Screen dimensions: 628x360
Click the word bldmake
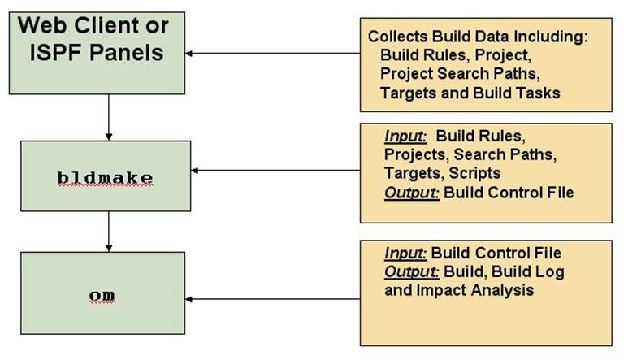pos(105,178)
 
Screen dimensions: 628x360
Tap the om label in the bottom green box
pos(102,295)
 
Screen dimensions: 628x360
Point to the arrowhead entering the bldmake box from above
pos(109,137)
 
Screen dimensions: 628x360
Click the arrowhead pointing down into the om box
pos(109,248)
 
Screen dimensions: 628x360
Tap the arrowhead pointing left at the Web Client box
pos(189,54)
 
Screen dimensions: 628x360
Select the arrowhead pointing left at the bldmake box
pos(195,171)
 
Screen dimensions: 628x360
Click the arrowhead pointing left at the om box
pos(189,299)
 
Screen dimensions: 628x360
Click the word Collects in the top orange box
pos(398,37)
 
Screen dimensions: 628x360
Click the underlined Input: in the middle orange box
pos(405,137)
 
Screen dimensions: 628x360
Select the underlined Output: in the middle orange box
pos(412,193)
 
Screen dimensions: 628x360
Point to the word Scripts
pos(474,173)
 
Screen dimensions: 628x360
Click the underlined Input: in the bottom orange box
pos(405,254)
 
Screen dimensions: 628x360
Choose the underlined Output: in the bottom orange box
pos(412,272)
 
